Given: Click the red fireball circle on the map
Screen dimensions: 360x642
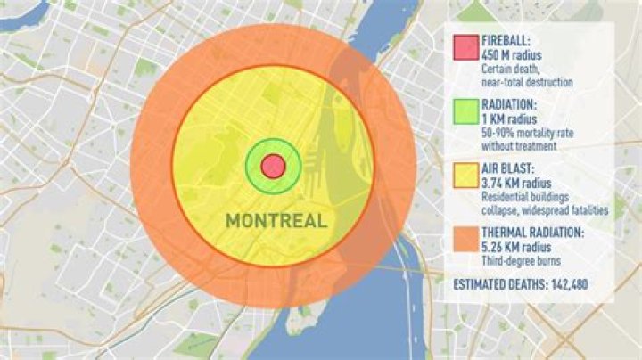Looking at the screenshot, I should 273,166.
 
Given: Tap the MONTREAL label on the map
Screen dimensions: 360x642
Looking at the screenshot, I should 275,220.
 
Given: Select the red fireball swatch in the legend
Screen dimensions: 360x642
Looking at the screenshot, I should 465,48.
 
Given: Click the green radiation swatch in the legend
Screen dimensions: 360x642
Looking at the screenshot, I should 465,112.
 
